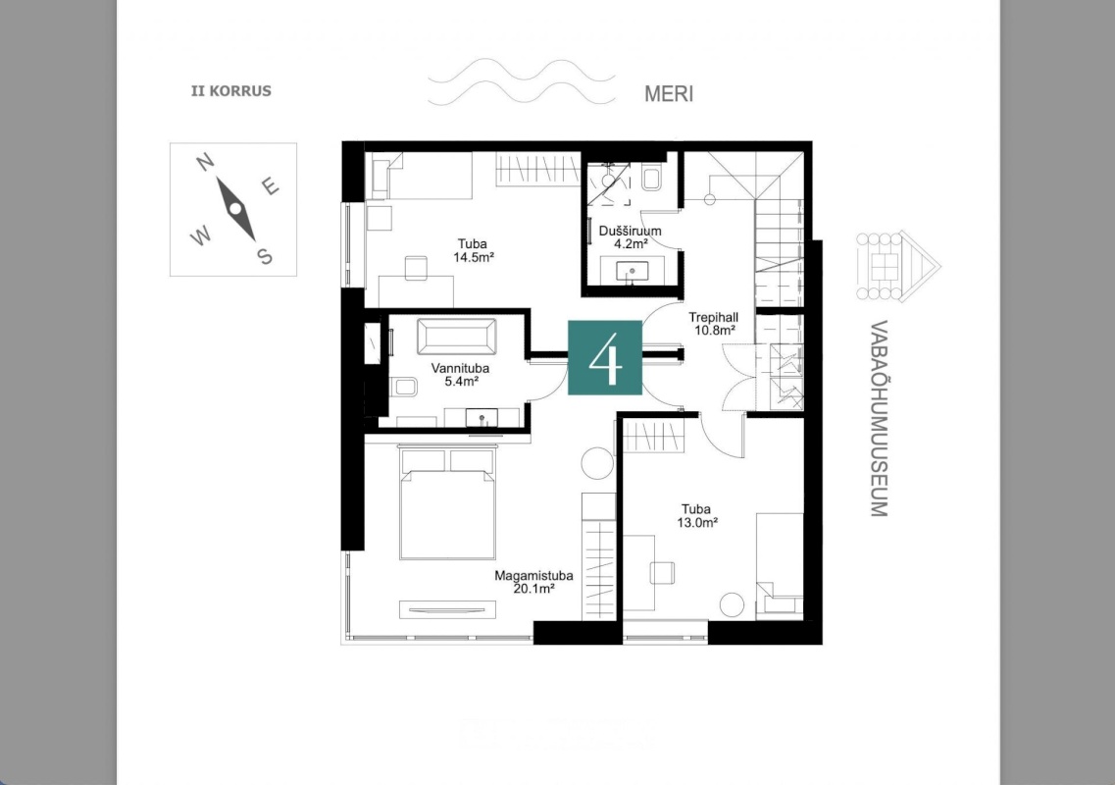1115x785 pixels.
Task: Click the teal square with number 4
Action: (604, 357)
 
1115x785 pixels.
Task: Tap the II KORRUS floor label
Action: (231, 91)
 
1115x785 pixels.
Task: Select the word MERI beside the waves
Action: (669, 94)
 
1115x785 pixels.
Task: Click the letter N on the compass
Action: (205, 163)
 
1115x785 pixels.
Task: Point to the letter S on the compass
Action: (265, 256)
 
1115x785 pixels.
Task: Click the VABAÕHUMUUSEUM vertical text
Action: (880, 418)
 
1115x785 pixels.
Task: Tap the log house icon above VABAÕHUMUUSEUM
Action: (898, 266)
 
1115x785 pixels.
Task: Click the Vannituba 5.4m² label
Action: (460, 375)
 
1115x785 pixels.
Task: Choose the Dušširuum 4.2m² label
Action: (630, 237)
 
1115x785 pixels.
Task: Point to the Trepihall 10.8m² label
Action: (713, 324)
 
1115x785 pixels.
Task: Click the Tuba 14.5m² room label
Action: (473, 250)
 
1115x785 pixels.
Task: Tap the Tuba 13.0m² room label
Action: (696, 515)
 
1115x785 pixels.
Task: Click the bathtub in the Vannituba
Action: (457, 337)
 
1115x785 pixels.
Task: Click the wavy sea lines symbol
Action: (522, 82)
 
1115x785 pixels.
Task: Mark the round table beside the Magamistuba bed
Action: (597, 464)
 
